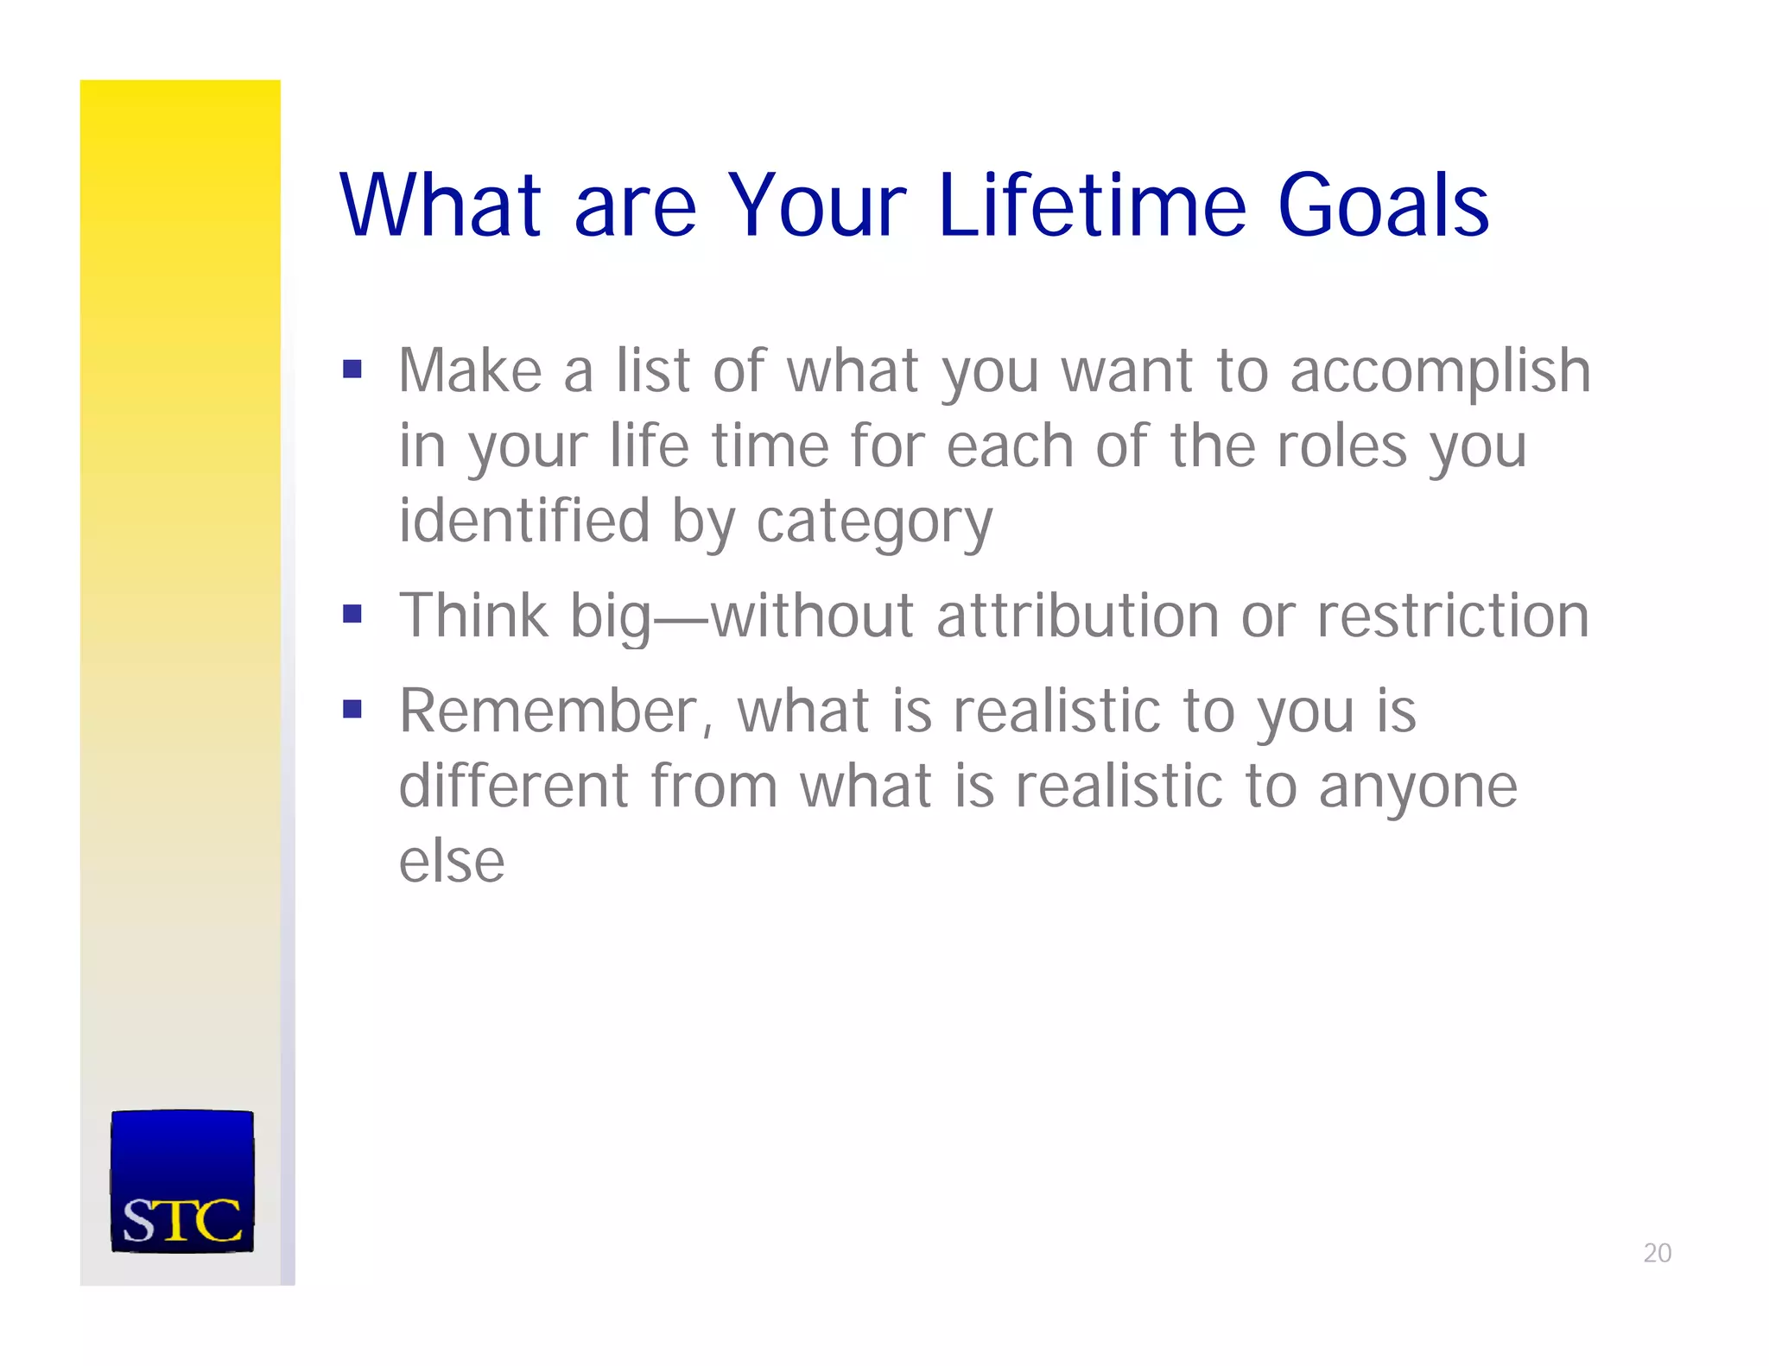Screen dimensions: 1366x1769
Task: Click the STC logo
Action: tap(182, 1180)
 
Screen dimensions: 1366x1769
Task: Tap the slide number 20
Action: tap(1657, 1253)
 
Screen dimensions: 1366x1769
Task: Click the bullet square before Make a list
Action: tap(352, 370)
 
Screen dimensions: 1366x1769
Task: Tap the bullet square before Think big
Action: tap(352, 614)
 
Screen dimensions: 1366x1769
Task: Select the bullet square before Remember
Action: tap(352, 709)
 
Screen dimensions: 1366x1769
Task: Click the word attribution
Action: tap(1077, 617)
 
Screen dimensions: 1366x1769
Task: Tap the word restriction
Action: tap(1453, 617)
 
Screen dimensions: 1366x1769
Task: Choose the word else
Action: tap(451, 861)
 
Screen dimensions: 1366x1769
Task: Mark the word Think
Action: tap(473, 617)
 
